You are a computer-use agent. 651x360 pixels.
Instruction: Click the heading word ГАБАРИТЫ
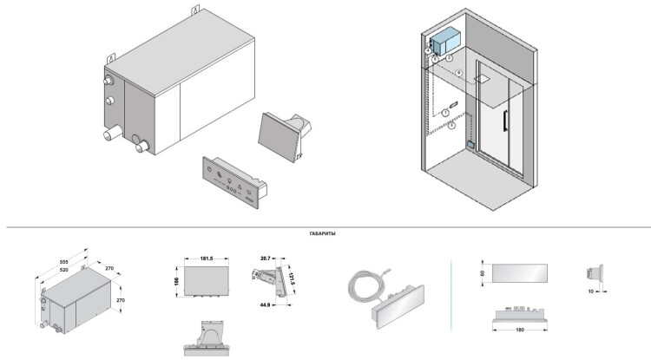point(322,234)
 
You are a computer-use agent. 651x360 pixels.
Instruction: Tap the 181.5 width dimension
point(206,258)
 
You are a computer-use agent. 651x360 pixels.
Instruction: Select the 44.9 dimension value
point(264,304)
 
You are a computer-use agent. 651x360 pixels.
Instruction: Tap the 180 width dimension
point(520,330)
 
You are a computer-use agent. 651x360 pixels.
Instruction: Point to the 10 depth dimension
point(590,293)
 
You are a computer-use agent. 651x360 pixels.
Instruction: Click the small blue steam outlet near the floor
point(471,145)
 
